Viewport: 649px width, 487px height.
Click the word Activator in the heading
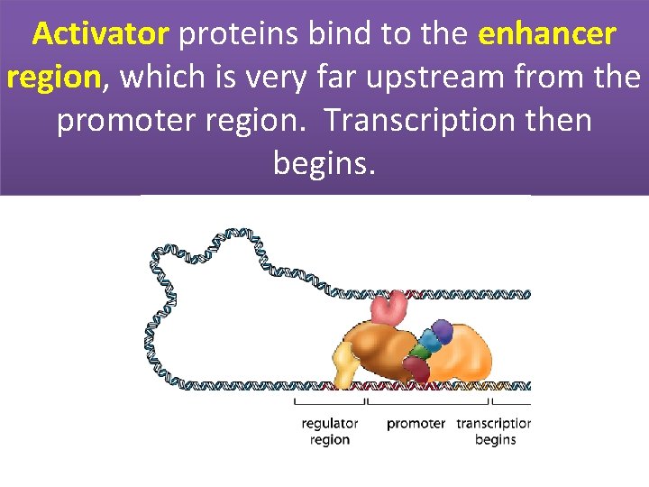100,35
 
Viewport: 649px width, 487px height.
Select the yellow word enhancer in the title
547,35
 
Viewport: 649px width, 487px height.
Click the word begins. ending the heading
323,164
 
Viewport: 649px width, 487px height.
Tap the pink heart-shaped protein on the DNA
390,308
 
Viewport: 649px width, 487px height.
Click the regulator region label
330,431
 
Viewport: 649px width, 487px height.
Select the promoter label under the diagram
416,423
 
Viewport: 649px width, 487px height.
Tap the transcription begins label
493,431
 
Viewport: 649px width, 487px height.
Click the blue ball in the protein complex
432,341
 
